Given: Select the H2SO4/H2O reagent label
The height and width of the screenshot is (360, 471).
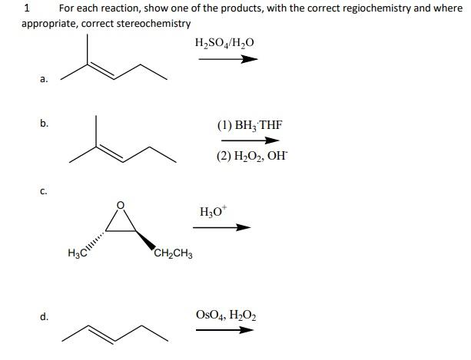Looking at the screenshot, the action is (224, 41).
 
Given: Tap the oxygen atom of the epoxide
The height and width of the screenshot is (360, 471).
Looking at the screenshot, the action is (118, 204).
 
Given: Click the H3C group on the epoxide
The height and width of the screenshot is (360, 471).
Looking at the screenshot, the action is (78, 252).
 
